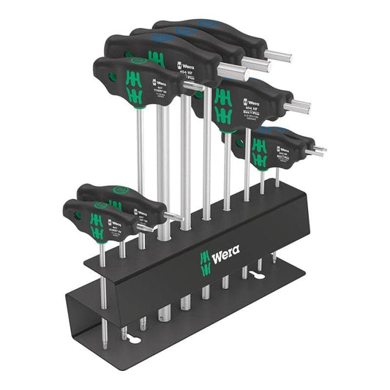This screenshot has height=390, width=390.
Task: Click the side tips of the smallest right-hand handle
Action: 319,150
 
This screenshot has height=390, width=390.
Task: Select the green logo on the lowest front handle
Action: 96,222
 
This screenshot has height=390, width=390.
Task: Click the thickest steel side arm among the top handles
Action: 233,72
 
